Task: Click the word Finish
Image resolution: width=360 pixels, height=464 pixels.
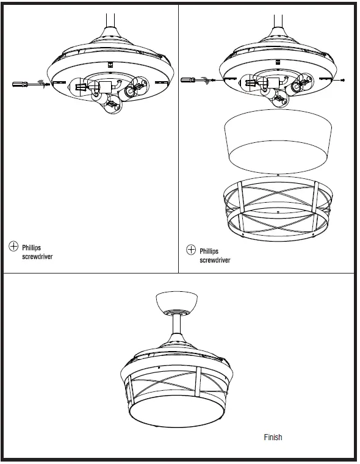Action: pos(273,437)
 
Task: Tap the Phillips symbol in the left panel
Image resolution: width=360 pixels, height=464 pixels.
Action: pos(13,246)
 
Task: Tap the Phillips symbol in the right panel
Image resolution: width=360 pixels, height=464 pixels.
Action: pos(191,250)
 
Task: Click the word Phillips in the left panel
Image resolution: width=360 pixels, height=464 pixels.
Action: pos(32,248)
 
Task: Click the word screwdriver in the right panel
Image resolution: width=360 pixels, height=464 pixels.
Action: pos(215,260)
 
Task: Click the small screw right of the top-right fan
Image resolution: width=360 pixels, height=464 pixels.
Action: pos(343,79)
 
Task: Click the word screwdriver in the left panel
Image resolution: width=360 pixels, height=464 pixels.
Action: pos(37,257)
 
